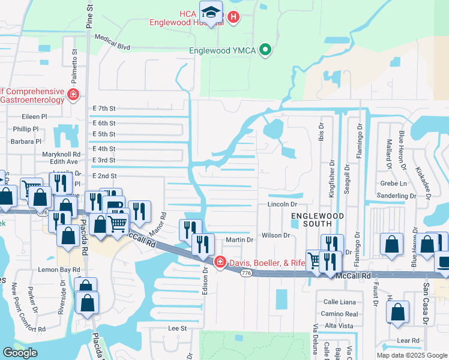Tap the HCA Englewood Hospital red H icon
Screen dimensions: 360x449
(x=234, y=17)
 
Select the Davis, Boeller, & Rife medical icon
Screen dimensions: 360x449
(x=220, y=262)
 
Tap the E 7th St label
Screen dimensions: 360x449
(x=104, y=108)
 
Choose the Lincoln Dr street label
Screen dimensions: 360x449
(x=283, y=205)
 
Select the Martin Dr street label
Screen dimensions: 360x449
(x=240, y=240)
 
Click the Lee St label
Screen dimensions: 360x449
(x=178, y=328)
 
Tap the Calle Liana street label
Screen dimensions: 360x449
(x=340, y=302)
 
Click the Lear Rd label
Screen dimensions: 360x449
(x=408, y=340)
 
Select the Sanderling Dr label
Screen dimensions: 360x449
(x=396, y=196)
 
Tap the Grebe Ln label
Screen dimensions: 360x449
(x=393, y=183)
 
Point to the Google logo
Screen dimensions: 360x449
(x=20, y=353)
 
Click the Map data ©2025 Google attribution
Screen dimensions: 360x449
(x=411, y=355)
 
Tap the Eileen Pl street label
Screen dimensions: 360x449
(x=34, y=116)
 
